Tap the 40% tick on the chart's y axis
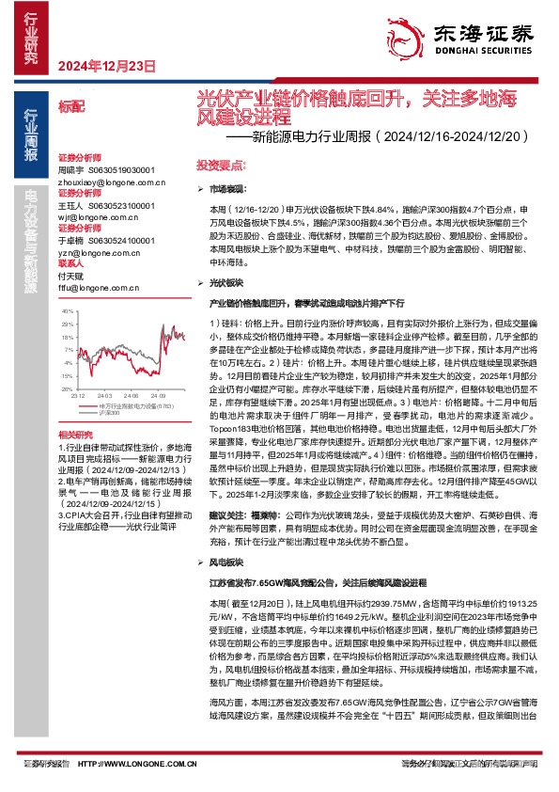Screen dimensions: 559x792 (67, 309)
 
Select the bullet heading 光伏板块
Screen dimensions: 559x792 (224, 282)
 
